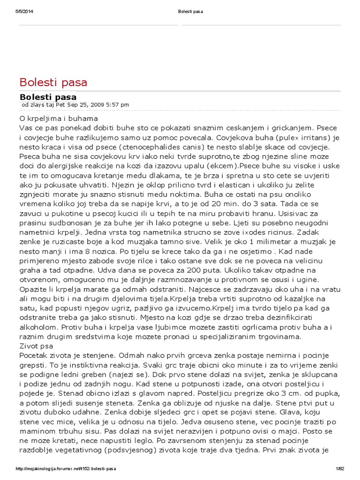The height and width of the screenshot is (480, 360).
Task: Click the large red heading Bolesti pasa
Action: (x=53, y=82)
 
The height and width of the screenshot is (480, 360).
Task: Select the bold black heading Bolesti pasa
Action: (x=48, y=97)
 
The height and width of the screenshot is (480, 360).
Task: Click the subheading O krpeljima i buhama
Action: (x=59, y=119)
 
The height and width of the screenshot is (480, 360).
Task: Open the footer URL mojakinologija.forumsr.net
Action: (x=66, y=469)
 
